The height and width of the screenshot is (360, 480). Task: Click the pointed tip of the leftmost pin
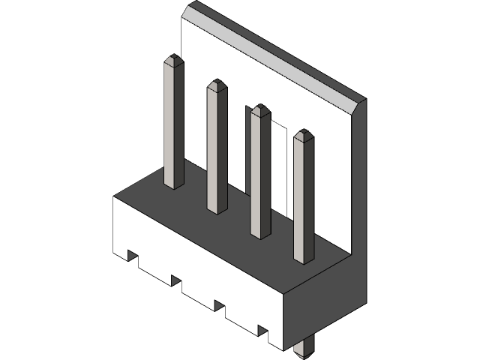point(174,58)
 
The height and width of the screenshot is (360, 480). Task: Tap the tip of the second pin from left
point(217,82)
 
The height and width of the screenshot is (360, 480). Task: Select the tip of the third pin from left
point(261,106)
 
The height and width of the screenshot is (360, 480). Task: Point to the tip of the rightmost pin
point(304,132)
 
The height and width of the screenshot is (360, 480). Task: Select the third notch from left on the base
point(220,305)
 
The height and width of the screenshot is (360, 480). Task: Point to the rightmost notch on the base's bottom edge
point(263,330)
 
